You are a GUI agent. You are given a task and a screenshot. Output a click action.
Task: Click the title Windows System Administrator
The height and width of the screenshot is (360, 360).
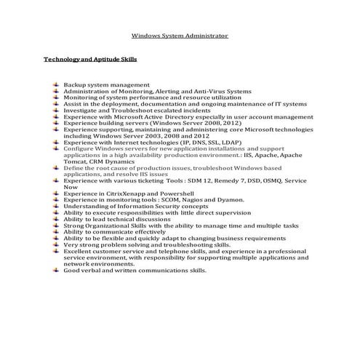click(180, 35)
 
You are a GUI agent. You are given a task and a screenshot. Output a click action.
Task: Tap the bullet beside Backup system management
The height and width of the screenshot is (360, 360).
click(57, 85)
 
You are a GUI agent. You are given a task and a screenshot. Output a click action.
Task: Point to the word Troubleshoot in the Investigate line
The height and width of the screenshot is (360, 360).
click(127, 110)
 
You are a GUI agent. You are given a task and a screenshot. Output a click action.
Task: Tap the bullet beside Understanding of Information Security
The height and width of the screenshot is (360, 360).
click(57, 206)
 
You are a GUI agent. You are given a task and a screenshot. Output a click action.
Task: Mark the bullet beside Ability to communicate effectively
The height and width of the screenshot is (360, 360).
click(57, 232)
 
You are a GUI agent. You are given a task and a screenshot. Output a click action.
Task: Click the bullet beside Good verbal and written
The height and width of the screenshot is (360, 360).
click(57, 271)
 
